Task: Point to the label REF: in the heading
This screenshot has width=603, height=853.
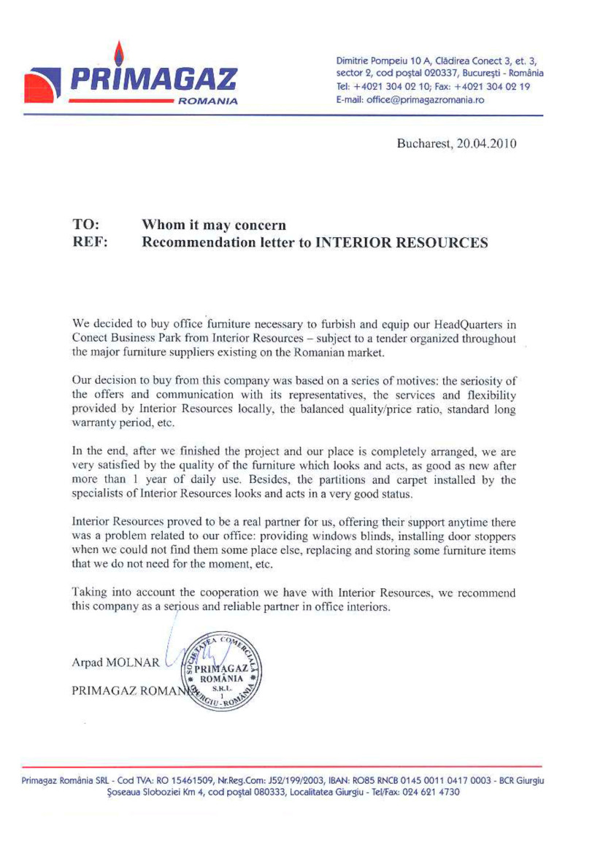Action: point(90,242)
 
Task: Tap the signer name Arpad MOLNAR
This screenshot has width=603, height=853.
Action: point(115,663)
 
